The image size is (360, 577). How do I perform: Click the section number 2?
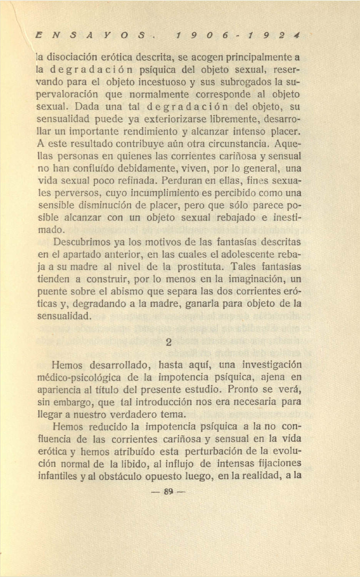(x=168, y=342)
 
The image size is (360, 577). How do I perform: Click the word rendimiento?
(x=151, y=132)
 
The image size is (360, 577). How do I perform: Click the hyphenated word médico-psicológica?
(x=79, y=378)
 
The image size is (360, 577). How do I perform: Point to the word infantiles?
(x=58, y=476)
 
